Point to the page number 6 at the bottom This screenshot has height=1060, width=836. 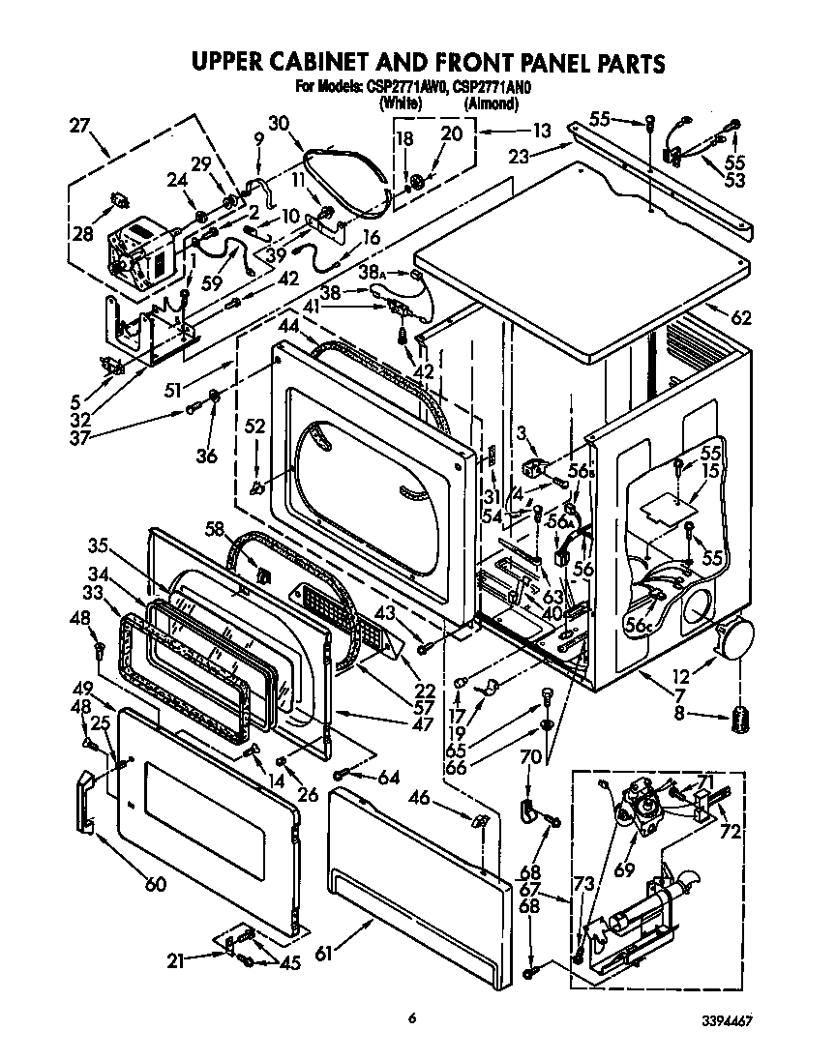(x=412, y=1016)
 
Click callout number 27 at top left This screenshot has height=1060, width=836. (x=81, y=124)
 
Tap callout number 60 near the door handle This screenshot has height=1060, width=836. (x=155, y=883)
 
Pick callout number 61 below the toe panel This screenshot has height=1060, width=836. (x=323, y=953)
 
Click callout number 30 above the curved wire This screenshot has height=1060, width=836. (x=279, y=123)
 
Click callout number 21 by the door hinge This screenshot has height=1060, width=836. (x=175, y=959)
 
